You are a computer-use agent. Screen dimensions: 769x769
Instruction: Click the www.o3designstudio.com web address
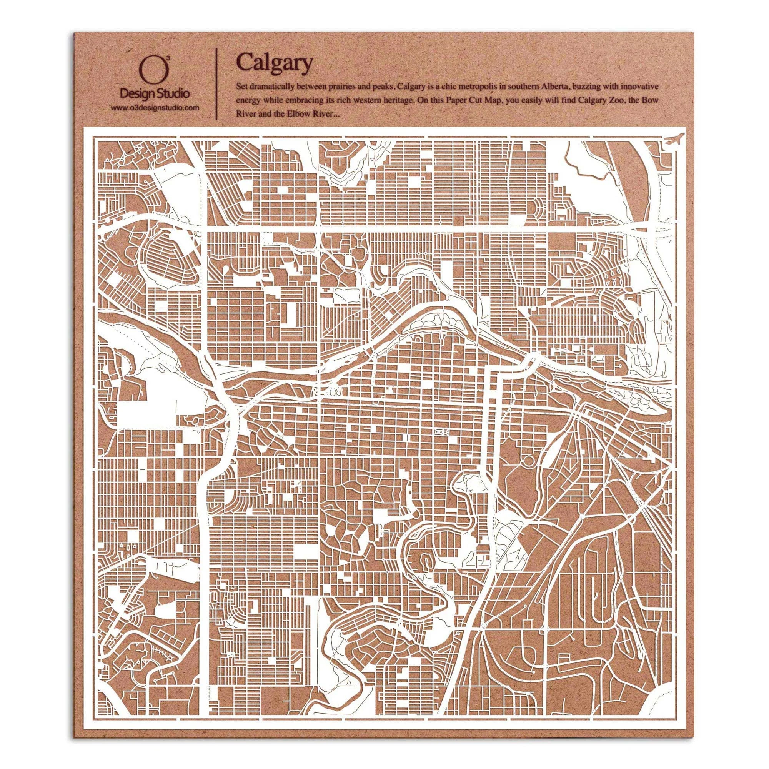pos(155,108)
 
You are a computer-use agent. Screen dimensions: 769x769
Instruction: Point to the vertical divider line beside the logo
pos(216,83)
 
